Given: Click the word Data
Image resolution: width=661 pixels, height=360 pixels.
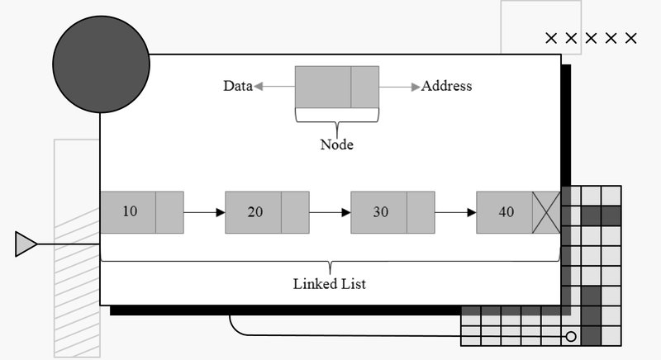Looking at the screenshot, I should pos(237,86).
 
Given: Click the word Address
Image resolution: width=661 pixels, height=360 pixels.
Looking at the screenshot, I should pos(446,86).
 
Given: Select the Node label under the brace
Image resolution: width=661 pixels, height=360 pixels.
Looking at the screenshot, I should pos(336,144).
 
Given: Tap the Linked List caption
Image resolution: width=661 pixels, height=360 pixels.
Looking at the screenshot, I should pos(330,284).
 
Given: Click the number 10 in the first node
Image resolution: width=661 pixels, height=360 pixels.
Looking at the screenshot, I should pos(130,211).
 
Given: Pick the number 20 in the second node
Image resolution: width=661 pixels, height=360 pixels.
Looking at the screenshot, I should pos(255,212).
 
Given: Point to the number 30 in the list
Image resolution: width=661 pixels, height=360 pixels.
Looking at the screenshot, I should pos(380,212).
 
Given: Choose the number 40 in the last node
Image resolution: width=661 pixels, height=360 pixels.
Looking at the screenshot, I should pos(506,212).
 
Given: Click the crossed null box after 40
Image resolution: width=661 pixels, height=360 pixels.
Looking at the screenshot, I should pos(546,212).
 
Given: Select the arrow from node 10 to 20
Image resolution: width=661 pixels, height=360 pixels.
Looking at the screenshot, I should pos(204,212).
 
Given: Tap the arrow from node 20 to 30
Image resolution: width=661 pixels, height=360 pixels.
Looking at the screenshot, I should pos(330,212).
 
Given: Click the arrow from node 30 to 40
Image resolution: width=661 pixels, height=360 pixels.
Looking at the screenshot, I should pos(455,212).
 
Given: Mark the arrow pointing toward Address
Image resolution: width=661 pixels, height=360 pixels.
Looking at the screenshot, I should pos(400,86).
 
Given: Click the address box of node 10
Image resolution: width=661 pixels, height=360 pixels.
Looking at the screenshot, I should pos(169,212).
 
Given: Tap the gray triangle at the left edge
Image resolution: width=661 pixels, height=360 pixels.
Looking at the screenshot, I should pos(26,244).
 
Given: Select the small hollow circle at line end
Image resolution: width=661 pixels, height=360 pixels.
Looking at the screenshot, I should pos(569,337).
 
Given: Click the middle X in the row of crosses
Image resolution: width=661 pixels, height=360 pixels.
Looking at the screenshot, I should pos(592,38).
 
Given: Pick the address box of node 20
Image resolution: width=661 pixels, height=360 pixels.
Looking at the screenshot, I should pos(295,212).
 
